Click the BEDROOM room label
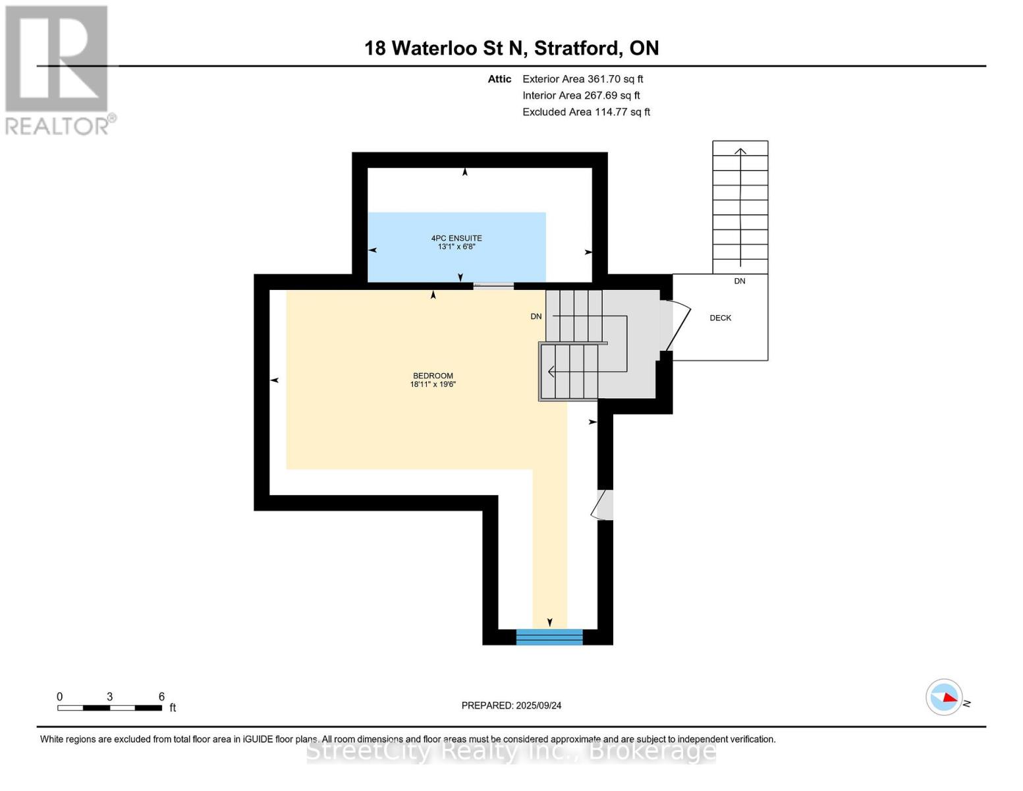pyautogui.click(x=433, y=376)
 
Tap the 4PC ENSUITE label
pyautogui.click(x=456, y=238)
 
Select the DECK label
pyautogui.click(x=720, y=318)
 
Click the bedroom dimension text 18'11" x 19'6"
pyautogui.click(x=433, y=384)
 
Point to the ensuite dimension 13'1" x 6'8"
pyautogui.click(x=456, y=247)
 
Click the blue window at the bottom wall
pyautogui.click(x=549, y=637)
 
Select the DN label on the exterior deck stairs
pyautogui.click(x=740, y=281)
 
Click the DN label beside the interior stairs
pyautogui.click(x=536, y=316)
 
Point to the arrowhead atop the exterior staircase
pyautogui.click(x=740, y=152)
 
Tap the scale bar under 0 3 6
pyautogui.click(x=109, y=708)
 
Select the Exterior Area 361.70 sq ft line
pyautogui.click(x=582, y=79)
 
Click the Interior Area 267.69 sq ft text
pyautogui.click(x=581, y=96)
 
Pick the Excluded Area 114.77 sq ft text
pyautogui.click(x=586, y=112)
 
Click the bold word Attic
pyautogui.click(x=499, y=79)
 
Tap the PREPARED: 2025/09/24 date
pyautogui.click(x=511, y=705)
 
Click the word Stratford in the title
pyautogui.click(x=576, y=48)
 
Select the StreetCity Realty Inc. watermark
pyautogui.click(x=511, y=751)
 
